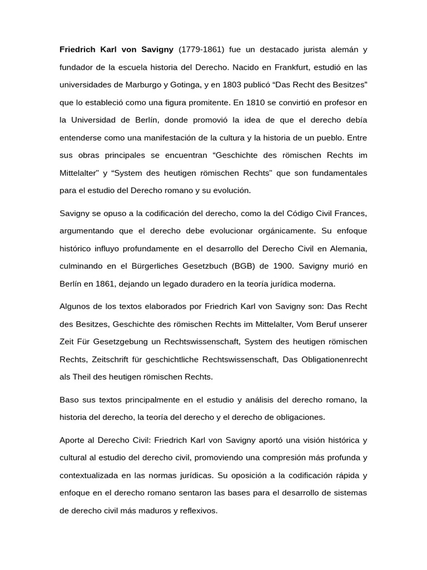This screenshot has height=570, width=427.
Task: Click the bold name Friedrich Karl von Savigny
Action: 117,50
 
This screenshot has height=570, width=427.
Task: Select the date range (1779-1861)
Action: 201,50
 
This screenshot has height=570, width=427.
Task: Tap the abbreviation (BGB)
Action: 231,266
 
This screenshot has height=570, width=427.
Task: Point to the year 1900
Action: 270,266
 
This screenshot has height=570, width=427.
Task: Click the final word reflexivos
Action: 198,510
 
